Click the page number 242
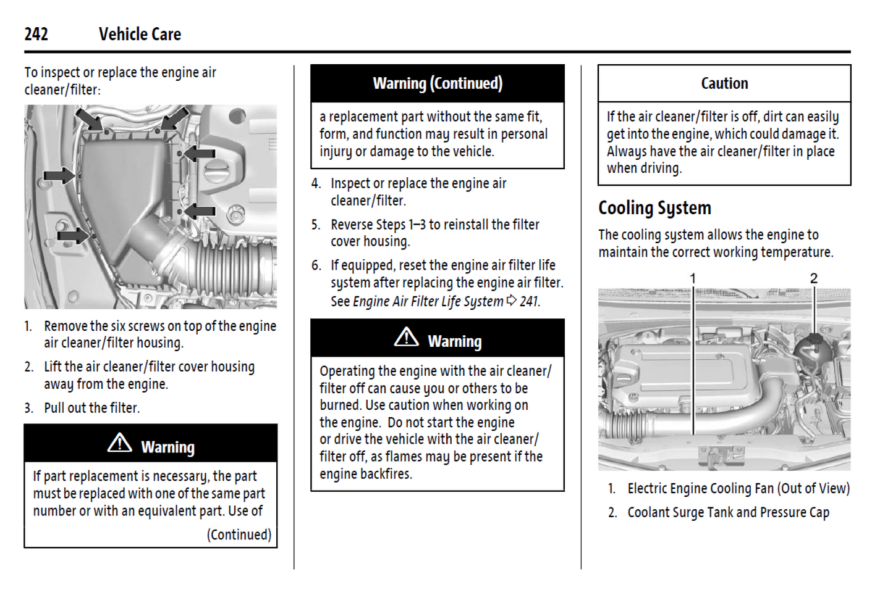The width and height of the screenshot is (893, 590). pos(36,34)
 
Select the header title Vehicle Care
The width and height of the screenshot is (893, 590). pos(140,34)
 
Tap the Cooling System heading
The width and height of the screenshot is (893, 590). pos(654,208)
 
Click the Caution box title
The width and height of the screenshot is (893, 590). pos(724,83)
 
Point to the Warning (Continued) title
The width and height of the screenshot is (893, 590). pos(438,83)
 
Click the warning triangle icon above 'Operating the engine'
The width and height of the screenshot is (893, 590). pos(406,338)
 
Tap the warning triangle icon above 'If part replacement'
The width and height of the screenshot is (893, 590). pos(119,443)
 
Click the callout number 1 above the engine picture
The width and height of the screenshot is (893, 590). pos(693,278)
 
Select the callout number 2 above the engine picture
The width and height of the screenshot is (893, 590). pos(814,278)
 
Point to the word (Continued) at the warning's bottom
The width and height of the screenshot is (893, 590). pos(239,534)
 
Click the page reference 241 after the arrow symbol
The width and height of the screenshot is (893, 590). pos(530,301)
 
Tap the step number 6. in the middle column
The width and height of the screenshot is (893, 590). pos(316,265)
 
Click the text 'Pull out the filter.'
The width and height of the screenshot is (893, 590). pos(91,408)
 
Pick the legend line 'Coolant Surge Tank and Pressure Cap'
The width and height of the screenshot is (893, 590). pos(728,512)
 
